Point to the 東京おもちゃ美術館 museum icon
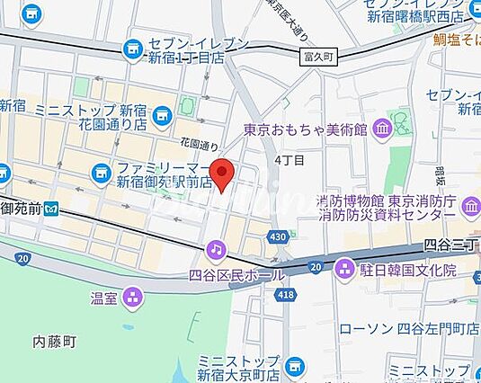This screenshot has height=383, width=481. click(380, 129)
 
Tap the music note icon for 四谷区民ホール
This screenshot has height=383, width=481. click(216, 248)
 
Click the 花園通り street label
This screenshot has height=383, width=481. click(199, 143)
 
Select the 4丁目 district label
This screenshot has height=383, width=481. click(289, 160)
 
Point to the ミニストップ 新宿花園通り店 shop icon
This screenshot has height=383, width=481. click(162, 114)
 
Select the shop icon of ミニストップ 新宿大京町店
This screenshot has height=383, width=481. click(295, 366)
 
